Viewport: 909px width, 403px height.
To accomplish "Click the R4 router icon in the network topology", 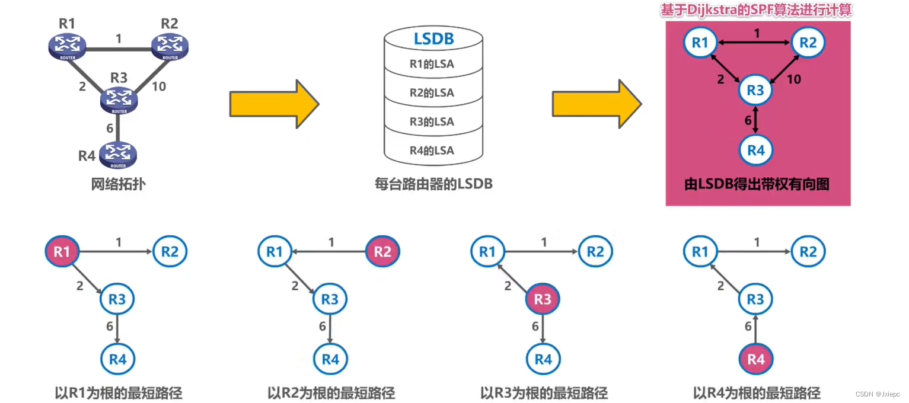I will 118,154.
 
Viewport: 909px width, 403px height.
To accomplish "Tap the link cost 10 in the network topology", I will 159,87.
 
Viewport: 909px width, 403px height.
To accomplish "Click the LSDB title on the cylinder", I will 433,39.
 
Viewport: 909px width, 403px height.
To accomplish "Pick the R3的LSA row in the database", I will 432,121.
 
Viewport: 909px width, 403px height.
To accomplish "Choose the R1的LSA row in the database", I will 432,64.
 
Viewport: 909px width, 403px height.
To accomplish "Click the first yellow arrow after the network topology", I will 274,104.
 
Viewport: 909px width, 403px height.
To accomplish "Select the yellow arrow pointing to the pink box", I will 597,104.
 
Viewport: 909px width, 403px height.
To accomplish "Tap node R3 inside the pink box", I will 755,91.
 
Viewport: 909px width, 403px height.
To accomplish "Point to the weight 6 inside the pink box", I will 748,120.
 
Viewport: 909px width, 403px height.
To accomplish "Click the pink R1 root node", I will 62,252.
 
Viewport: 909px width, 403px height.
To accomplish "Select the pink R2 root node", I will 382,252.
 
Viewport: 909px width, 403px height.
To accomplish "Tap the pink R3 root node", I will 543,300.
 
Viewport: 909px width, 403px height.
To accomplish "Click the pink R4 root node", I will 755,359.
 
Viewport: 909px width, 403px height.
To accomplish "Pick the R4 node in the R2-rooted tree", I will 330,359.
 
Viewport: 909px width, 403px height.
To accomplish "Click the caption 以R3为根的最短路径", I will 544,393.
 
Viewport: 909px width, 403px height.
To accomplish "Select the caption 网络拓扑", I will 118,184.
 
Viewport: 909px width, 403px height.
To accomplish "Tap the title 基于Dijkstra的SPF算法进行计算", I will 757,10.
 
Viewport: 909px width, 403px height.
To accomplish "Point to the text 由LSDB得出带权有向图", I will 757,184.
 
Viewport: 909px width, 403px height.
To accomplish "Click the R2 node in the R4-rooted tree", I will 808,252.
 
